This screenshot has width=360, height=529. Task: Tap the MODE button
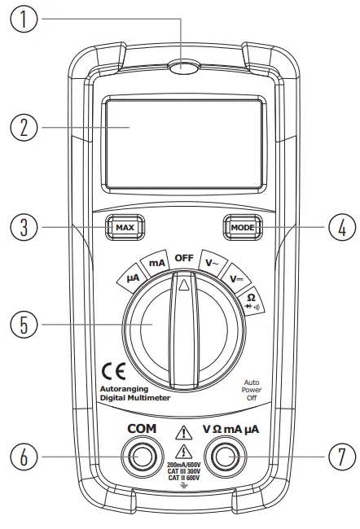242,227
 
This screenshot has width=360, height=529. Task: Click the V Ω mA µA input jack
225,458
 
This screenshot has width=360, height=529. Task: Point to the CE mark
112,370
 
